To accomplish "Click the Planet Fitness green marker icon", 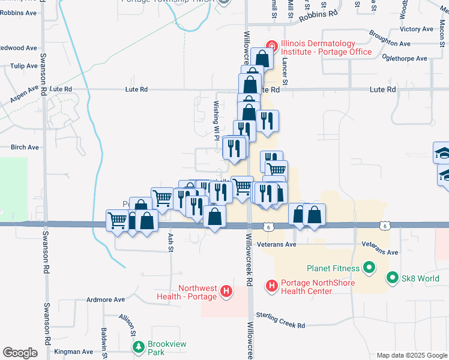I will click(x=369, y=268).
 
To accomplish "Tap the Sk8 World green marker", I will click(x=393, y=278).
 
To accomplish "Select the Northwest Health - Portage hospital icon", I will click(x=226, y=292).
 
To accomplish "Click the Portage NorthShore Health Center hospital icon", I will click(x=271, y=286).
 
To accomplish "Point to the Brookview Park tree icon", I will click(x=139, y=347).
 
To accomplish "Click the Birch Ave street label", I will click(x=25, y=147).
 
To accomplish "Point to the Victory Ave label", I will click(x=416, y=29).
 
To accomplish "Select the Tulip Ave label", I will click(x=24, y=65).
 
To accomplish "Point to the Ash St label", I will click(x=171, y=242).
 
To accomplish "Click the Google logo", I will click(x=20, y=353).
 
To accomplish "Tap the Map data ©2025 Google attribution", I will click(x=411, y=355).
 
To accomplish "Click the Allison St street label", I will click(x=126, y=325).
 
